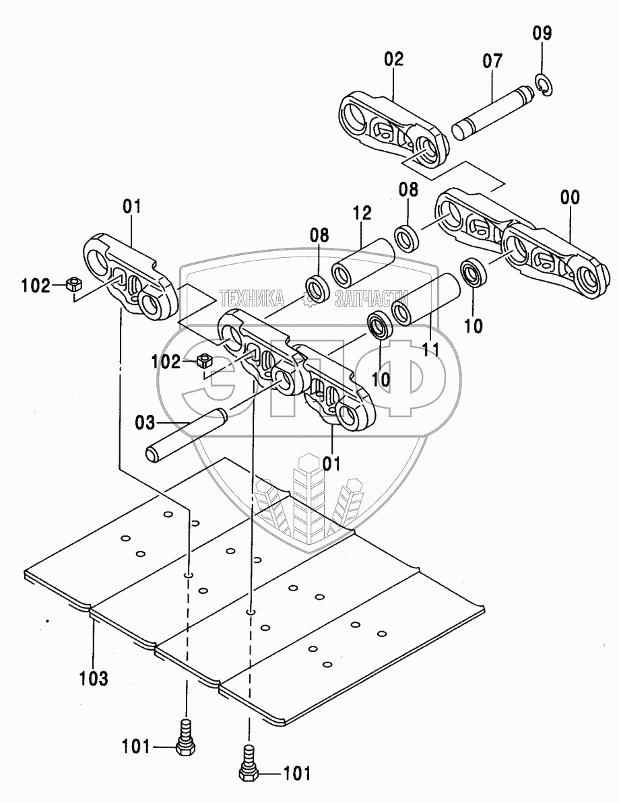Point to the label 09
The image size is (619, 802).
[x=542, y=32]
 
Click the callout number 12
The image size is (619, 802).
[x=361, y=213]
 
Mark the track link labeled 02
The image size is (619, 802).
[x=393, y=128]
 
